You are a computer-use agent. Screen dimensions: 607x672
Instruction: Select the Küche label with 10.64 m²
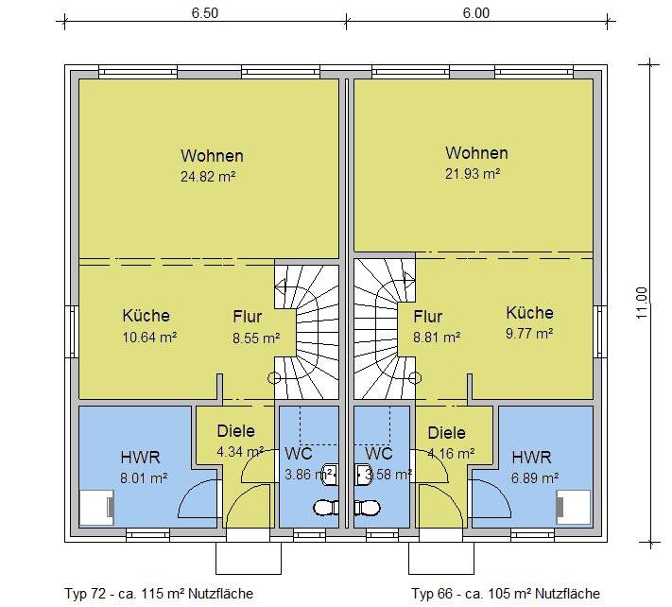click(146, 316)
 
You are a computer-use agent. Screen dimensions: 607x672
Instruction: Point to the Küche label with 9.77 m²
click(529, 313)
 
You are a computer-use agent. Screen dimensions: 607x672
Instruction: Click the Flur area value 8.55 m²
click(256, 337)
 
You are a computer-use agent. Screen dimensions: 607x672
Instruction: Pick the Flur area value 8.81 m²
click(437, 336)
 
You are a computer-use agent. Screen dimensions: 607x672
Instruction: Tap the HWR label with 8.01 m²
click(140, 457)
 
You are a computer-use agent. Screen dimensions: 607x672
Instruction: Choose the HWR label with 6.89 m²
click(530, 457)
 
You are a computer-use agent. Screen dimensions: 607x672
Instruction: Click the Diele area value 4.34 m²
click(236, 451)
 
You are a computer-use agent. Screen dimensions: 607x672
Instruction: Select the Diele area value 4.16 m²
click(446, 452)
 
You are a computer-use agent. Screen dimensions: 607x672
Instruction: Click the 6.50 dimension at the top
click(204, 13)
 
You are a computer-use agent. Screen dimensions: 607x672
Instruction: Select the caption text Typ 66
click(434, 594)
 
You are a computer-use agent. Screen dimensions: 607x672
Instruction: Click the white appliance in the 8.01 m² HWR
click(95, 508)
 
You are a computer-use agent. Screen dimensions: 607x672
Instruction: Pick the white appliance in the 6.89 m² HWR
click(574, 508)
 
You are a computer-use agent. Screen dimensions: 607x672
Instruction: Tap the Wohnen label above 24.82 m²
click(212, 156)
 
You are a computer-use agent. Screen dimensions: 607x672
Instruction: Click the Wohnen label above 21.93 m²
click(476, 153)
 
